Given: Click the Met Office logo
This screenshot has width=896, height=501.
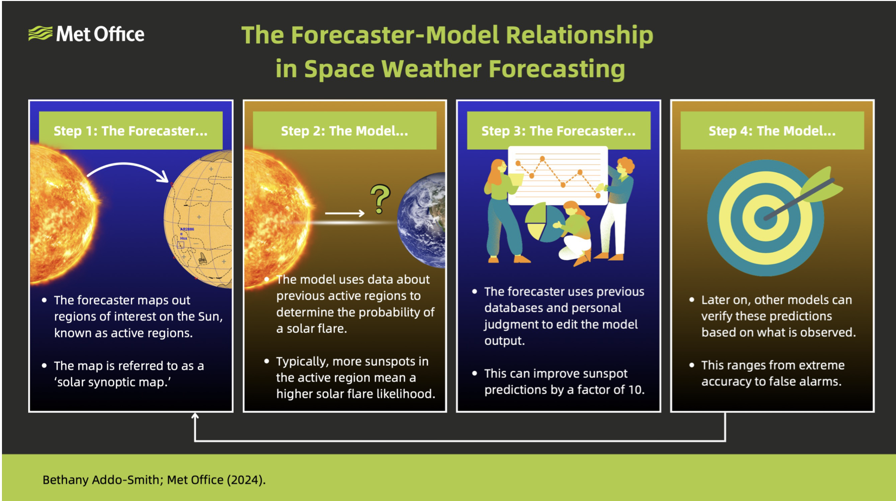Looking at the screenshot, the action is pyautogui.click(x=86, y=34).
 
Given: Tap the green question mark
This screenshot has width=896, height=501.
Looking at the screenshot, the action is pyautogui.click(x=380, y=199).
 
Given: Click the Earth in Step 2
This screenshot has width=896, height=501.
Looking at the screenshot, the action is pyautogui.click(x=422, y=220).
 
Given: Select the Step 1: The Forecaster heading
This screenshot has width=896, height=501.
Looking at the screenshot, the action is pyautogui.click(x=131, y=131).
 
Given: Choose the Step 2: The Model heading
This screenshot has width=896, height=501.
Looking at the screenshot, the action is pyautogui.click(x=345, y=131).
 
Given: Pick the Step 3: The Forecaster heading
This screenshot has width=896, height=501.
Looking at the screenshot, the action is pyautogui.click(x=558, y=131).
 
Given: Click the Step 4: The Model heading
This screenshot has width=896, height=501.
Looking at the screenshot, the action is pyautogui.click(x=772, y=131).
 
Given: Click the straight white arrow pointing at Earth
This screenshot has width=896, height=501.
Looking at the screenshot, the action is pyautogui.click(x=345, y=213).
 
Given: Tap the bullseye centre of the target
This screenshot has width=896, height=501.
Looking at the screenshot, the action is pyautogui.click(x=765, y=218).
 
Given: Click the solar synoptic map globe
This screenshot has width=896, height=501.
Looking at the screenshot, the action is pyautogui.click(x=198, y=219).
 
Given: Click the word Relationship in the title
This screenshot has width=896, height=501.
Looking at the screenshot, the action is pyautogui.click(x=579, y=36).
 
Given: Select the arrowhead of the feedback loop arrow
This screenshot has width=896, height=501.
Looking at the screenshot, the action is pyautogui.click(x=195, y=417).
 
